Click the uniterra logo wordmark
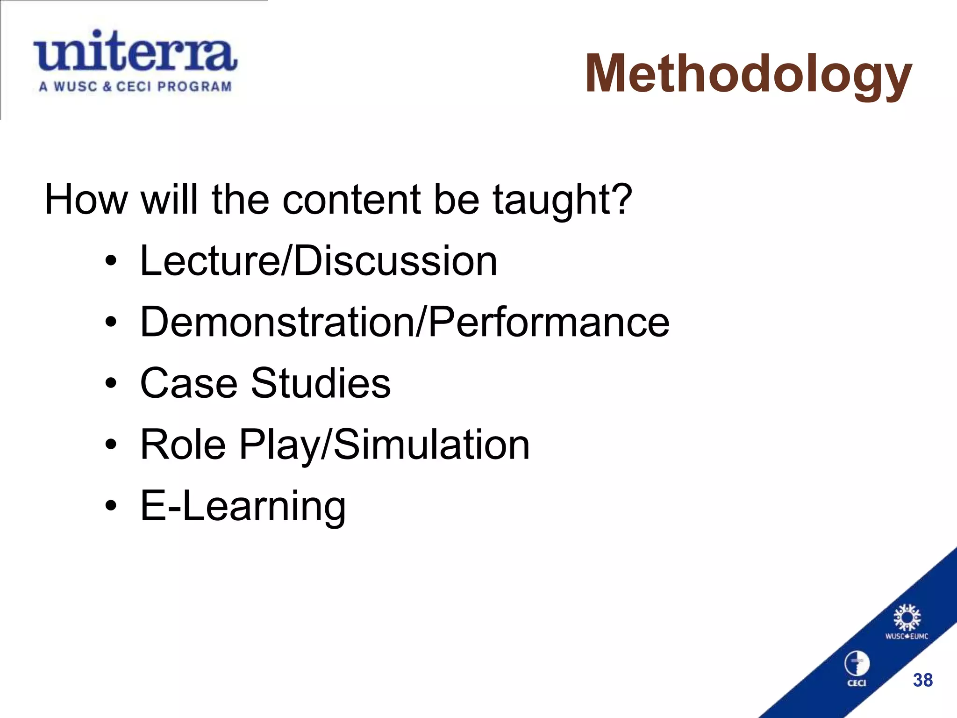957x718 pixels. [x=136, y=52]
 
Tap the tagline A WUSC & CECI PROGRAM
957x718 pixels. [x=136, y=87]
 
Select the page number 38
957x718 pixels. [x=923, y=680]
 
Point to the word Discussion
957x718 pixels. [x=395, y=261]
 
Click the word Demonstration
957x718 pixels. [x=277, y=322]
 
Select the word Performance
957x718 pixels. [x=549, y=322]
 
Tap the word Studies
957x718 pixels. [x=321, y=383]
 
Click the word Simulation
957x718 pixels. [x=432, y=445]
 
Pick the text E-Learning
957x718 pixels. [x=243, y=506]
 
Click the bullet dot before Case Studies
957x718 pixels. [x=111, y=384]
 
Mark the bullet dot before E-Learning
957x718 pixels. [x=111, y=506]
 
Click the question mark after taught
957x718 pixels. [x=621, y=199]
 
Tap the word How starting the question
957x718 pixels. [x=86, y=200]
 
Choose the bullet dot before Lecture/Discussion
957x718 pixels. [x=111, y=261]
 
